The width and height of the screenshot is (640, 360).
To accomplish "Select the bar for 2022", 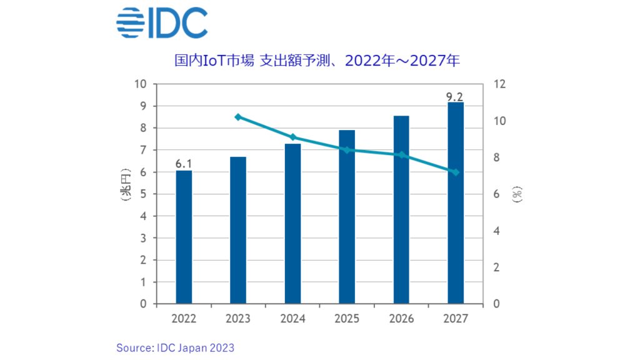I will [x=184, y=237].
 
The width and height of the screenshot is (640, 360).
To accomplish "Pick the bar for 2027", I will [x=456, y=203].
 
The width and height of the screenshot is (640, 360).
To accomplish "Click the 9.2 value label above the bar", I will [x=455, y=96].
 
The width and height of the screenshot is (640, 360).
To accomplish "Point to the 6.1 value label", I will [x=183, y=164].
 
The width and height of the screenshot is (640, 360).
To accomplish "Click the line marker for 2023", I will [x=238, y=117].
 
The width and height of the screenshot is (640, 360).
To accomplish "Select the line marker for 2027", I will [x=456, y=172].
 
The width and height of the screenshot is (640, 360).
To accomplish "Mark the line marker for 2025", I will [x=347, y=149].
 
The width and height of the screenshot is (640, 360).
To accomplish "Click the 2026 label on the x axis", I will [x=401, y=319].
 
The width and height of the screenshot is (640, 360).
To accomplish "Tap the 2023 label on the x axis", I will [x=238, y=319].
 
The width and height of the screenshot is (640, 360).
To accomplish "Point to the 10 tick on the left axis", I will [x=141, y=84].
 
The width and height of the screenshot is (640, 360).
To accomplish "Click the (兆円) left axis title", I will [x=126, y=184].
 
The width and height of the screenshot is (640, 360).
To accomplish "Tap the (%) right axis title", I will [x=517, y=195].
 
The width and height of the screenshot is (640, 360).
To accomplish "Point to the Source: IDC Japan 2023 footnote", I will [x=175, y=347].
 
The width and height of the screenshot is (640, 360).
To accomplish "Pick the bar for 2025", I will [x=347, y=217].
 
